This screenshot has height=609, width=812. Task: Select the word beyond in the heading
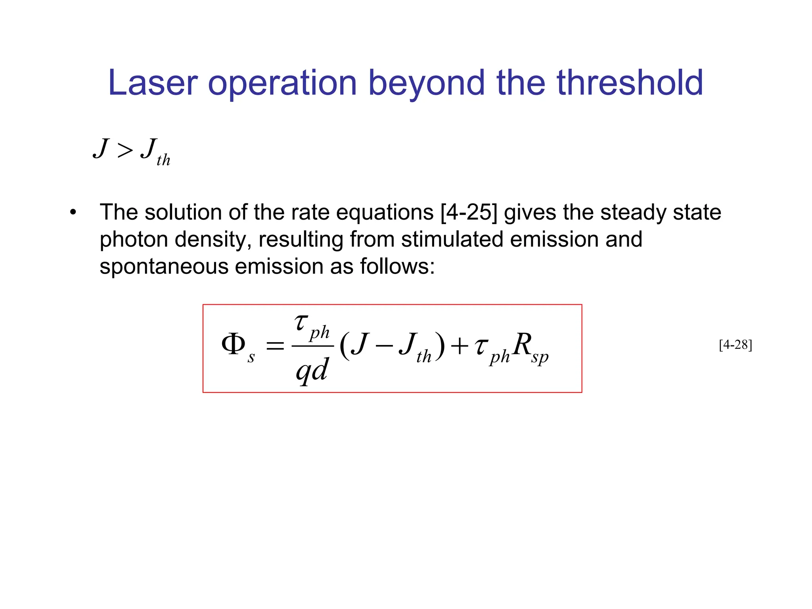pyautogui.click(x=427, y=84)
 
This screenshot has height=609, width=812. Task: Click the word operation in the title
pyautogui.click(x=282, y=84)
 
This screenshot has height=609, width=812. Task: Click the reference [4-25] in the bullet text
pyautogui.click(x=469, y=213)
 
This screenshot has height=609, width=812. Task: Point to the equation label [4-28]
pyautogui.click(x=735, y=345)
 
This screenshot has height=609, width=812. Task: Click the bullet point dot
pyautogui.click(x=73, y=213)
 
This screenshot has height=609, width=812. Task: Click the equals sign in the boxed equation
pyautogui.click(x=275, y=346)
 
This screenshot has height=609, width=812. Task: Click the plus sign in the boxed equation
pyautogui.click(x=460, y=346)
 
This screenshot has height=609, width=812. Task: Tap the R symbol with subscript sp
pyautogui.click(x=523, y=344)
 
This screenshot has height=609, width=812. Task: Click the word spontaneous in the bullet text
pyautogui.click(x=164, y=266)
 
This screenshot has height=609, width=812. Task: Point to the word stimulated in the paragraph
pyautogui.click(x=452, y=239)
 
